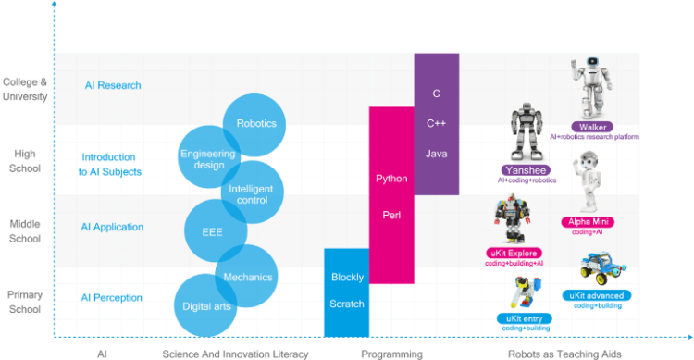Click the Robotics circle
tap(256, 124)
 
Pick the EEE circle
tap(216, 231)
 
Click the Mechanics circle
tap(247, 277)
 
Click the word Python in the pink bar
tap(391, 178)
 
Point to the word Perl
tap(391, 215)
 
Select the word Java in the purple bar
tap(437, 153)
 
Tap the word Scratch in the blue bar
tap(347, 304)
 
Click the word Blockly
tap(347, 277)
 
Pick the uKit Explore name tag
tap(514, 253)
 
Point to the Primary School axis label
tap(24, 301)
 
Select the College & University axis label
tap(25, 89)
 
